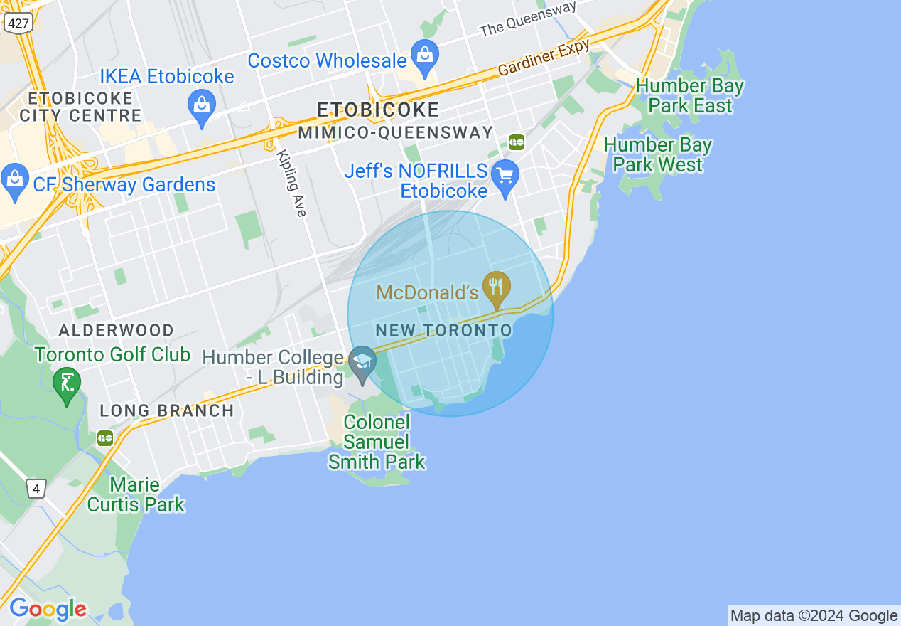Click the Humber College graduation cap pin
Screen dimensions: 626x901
(363, 364)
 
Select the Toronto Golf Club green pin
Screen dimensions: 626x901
(67, 385)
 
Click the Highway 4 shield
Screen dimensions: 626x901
(36, 489)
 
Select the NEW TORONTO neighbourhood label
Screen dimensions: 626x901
(443, 330)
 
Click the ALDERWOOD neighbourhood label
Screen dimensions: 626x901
(116, 330)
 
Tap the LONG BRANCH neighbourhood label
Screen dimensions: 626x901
(166, 410)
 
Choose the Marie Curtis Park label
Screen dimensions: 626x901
(135, 495)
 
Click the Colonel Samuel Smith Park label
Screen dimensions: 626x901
(377, 442)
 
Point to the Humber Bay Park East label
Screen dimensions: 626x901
(689, 96)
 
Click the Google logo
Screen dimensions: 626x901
(48, 609)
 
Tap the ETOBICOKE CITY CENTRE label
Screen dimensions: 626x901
(81, 107)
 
